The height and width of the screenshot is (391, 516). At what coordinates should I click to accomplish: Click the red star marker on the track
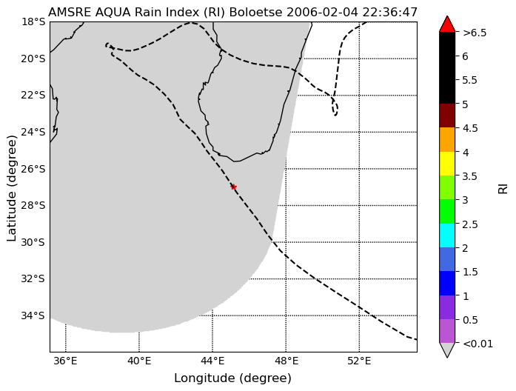[x=234, y=187]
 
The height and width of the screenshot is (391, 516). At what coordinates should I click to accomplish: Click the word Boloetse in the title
[x=255, y=13]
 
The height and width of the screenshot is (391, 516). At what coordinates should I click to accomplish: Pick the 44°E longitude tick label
[x=212, y=361]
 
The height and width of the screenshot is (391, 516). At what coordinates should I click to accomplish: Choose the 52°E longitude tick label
[x=359, y=361]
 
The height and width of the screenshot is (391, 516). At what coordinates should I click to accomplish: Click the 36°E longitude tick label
[x=66, y=361]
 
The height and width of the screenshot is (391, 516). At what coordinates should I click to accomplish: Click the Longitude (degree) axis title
[x=233, y=378]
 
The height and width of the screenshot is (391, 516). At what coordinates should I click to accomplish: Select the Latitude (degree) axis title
[x=12, y=188]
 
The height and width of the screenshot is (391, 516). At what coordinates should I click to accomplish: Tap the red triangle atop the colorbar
[x=447, y=24]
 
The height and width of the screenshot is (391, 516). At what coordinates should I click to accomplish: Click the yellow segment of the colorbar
[x=447, y=164]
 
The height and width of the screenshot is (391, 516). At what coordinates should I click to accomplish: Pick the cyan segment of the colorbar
[x=447, y=235]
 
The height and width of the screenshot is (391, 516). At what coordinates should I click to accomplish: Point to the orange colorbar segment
[x=447, y=139]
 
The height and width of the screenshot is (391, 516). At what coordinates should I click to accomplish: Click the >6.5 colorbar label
[x=475, y=33]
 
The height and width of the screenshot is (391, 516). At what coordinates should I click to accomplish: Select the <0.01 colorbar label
[x=478, y=344]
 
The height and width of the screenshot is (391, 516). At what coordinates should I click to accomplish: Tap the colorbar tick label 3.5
[x=470, y=176]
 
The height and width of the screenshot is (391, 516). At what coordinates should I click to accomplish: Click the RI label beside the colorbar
[x=503, y=189]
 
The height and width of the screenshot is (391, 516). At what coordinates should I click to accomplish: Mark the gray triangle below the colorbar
[x=447, y=349]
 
